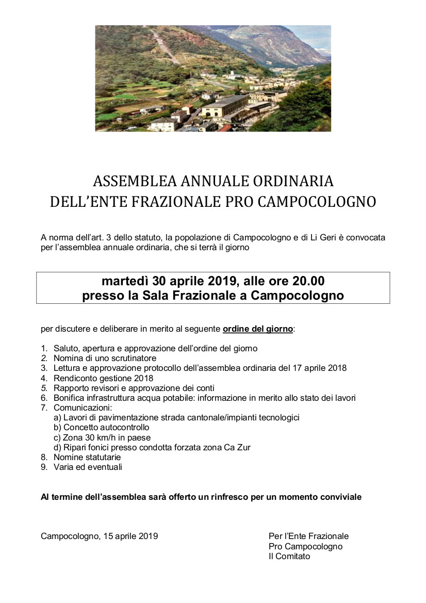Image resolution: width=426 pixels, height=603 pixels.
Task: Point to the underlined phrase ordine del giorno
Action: (258, 329)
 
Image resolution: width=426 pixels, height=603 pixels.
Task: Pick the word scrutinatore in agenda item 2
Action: (134, 358)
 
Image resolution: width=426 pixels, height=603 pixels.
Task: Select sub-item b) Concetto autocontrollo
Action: (101, 428)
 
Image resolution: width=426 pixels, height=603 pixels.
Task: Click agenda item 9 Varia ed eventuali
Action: (88, 467)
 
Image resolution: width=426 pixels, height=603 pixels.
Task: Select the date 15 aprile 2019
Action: (130, 536)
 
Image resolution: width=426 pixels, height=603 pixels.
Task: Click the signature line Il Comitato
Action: (289, 556)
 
